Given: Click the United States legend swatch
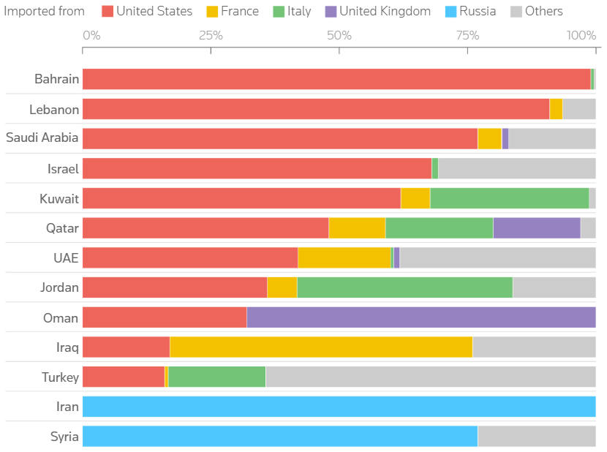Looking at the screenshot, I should click(107, 11).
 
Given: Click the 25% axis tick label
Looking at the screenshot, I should click(211, 35).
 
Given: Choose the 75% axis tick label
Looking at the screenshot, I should click(467, 35).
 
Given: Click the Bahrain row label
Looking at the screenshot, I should click(56, 79).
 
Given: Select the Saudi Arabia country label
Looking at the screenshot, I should click(42, 138).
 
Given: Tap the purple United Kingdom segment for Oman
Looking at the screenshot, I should click(421, 317).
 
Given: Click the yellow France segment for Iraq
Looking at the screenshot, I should click(320, 347).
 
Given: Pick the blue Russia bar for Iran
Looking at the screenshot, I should click(339, 407).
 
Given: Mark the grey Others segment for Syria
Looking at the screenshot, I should click(536, 437).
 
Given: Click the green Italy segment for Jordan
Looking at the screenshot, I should click(404, 287).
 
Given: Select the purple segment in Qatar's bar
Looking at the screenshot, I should click(536, 228).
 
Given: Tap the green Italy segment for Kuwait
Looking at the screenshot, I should click(509, 198).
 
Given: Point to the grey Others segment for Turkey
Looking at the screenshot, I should click(430, 377).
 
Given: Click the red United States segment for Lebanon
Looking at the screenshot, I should click(315, 109).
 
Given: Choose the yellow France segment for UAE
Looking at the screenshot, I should click(344, 257).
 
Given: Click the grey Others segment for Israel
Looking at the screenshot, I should click(516, 168).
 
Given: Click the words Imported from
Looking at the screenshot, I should click(42, 11).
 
